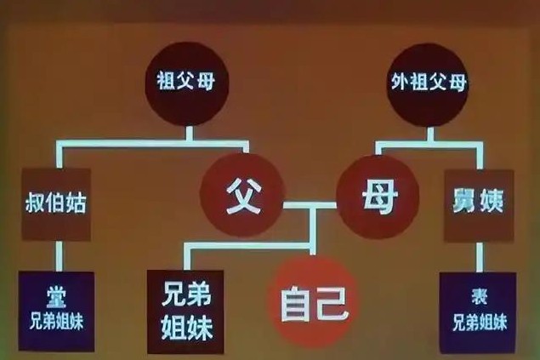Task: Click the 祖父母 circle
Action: tap(186, 83)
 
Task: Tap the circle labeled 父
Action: tap(243, 196)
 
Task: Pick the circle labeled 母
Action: tap(378, 197)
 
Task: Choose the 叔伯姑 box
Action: tap(56, 204)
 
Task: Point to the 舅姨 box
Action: tap(479, 206)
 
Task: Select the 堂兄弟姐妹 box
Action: tap(56, 311)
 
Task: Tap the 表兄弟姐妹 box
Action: tap(478, 313)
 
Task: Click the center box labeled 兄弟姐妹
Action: tap(185, 311)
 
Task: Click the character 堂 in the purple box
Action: tap(56, 296)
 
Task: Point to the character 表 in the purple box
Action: tap(479, 296)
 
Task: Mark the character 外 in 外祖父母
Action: tap(400, 82)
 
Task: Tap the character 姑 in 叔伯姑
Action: tap(76, 203)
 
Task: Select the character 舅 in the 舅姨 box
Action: tap(463, 201)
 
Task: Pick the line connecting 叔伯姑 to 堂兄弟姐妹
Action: tap(60, 256)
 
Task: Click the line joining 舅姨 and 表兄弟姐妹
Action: tap(479, 257)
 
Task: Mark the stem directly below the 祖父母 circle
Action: tap(189, 134)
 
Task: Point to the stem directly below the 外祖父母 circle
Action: tap(430, 134)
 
